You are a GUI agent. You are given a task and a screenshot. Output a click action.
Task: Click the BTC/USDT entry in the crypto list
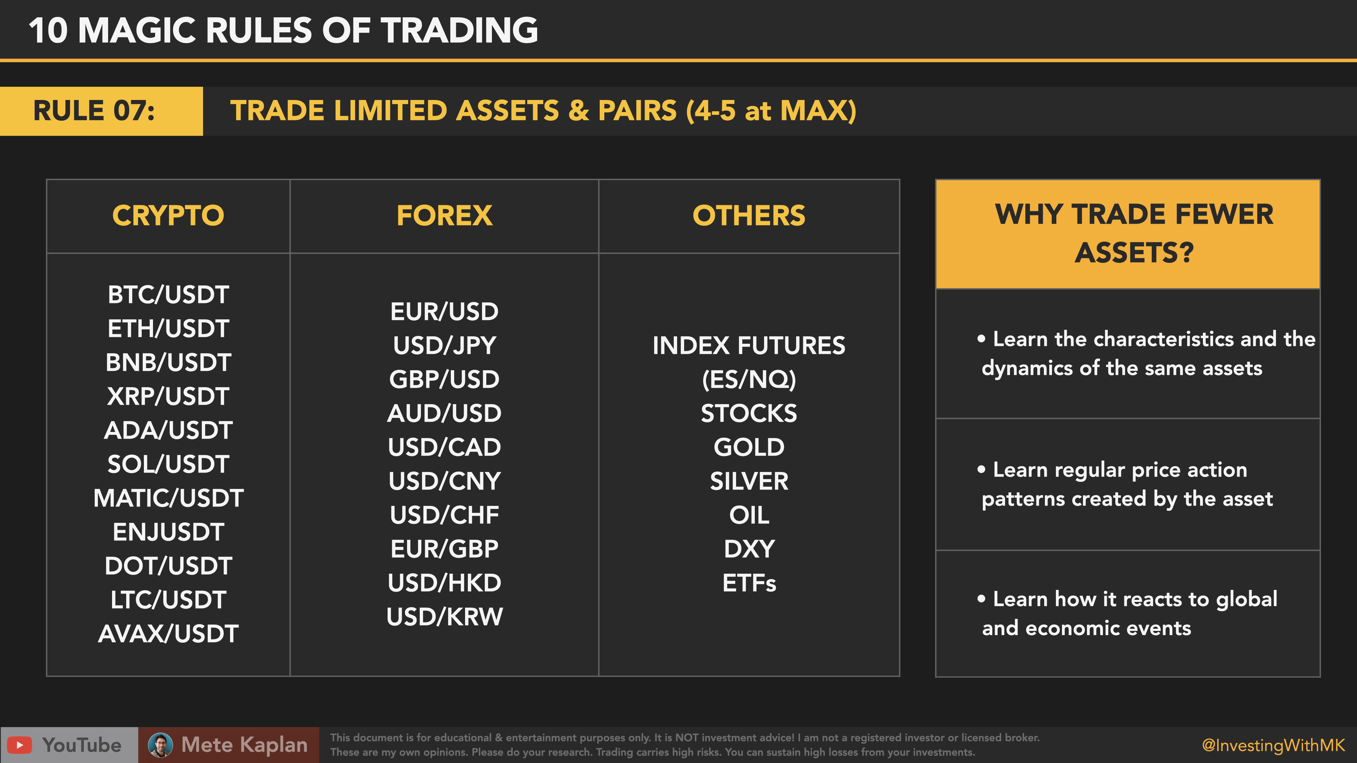click(168, 294)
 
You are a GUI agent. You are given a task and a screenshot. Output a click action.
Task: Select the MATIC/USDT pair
click(168, 498)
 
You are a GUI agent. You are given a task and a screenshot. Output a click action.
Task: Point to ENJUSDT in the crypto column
click(168, 532)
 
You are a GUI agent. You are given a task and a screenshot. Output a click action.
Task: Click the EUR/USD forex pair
click(444, 311)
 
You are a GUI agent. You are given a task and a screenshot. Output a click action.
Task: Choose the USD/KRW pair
click(444, 617)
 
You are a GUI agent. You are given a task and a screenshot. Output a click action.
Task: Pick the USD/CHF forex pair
click(444, 515)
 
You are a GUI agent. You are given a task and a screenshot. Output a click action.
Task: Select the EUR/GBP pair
click(444, 549)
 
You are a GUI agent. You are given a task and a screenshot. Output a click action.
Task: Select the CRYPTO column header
click(168, 215)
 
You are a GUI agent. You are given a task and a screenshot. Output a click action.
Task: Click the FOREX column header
click(444, 215)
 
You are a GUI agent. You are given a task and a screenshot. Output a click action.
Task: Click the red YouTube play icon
click(19, 745)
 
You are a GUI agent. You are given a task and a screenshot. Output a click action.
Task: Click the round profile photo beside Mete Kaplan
click(160, 745)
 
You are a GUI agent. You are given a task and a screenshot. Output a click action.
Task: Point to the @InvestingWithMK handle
click(1273, 745)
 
